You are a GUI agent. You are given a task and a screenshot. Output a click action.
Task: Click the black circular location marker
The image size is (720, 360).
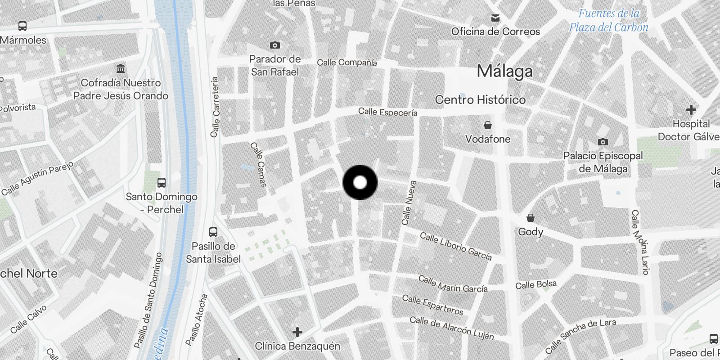(360, 183)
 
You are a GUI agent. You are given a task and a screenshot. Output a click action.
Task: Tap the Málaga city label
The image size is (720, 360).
(504, 71)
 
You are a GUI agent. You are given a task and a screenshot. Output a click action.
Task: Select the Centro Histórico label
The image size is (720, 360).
(480, 99)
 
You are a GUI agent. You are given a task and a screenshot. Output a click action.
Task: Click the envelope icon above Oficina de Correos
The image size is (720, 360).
(495, 18)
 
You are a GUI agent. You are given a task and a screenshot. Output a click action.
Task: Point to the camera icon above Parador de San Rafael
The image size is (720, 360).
(274, 45)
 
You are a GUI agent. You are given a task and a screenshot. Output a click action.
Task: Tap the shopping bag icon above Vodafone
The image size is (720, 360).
(487, 125)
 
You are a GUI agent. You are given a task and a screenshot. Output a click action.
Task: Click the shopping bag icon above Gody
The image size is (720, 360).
(531, 218)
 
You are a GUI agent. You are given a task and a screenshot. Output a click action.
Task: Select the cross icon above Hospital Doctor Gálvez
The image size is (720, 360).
(691, 110)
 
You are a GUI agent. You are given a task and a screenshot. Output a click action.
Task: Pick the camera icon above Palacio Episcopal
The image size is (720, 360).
(603, 142)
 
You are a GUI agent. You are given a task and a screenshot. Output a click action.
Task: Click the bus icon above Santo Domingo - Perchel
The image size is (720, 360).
(162, 183)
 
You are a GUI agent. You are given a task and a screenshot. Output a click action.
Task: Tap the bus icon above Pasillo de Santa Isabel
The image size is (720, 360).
(213, 232)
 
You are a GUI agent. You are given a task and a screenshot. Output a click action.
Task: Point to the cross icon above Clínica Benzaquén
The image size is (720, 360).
(297, 332)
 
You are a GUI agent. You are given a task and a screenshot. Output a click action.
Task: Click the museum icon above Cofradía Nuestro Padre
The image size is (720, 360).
(121, 69)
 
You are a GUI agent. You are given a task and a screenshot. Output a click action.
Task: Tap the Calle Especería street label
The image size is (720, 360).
(387, 112)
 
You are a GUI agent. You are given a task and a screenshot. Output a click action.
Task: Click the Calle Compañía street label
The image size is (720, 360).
(346, 63)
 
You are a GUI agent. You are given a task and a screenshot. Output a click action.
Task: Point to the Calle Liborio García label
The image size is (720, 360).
(455, 246)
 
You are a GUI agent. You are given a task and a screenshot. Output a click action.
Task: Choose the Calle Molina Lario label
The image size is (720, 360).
(639, 242)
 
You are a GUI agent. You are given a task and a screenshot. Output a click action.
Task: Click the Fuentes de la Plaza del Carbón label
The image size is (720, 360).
(608, 20)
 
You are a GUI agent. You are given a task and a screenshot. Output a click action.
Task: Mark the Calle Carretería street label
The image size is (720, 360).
(215, 107)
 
